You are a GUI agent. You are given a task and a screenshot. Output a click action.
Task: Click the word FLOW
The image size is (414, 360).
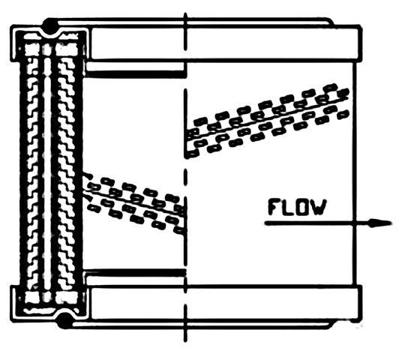(297, 207)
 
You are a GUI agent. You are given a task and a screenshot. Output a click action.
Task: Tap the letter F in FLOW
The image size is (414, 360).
(274, 207)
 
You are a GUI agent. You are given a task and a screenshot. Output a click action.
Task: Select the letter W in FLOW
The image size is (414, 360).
(319, 207)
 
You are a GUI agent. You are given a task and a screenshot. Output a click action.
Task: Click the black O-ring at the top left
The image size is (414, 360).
(50, 25)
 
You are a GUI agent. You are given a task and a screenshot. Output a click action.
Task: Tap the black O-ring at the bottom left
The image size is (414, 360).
(64, 321)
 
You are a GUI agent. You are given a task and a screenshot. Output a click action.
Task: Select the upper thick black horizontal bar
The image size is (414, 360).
(135, 74)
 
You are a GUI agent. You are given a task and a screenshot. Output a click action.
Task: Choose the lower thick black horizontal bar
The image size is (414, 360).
(135, 272)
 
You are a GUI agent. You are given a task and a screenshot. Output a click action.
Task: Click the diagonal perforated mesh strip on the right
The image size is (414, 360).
(268, 120)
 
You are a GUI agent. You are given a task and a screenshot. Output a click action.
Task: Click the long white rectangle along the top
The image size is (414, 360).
(224, 43)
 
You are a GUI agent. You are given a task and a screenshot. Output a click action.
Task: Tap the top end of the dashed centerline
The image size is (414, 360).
(186, 13)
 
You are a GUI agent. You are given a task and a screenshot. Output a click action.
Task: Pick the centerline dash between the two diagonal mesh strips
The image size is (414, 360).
(186, 176)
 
